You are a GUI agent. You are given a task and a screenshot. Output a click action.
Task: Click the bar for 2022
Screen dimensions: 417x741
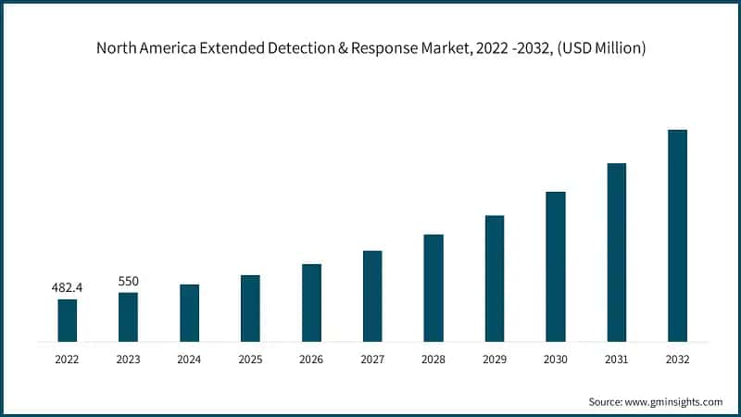coord(67,320)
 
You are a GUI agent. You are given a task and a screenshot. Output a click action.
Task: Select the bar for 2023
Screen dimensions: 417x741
coord(128,317)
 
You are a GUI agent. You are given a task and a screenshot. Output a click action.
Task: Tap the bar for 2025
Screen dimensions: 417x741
coord(250,308)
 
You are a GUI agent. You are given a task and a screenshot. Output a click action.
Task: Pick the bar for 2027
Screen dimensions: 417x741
coord(372,296)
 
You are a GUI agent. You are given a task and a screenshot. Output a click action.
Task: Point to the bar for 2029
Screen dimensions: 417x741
coord(495,278)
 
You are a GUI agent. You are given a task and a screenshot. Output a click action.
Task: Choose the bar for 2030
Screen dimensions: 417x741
coord(556,266)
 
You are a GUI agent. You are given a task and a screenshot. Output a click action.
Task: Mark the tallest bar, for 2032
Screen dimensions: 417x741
coord(678,235)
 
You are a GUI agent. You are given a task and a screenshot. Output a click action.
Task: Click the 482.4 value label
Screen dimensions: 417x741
coord(67,288)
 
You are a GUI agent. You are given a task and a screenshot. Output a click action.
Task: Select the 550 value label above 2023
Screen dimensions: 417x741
coord(128,281)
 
